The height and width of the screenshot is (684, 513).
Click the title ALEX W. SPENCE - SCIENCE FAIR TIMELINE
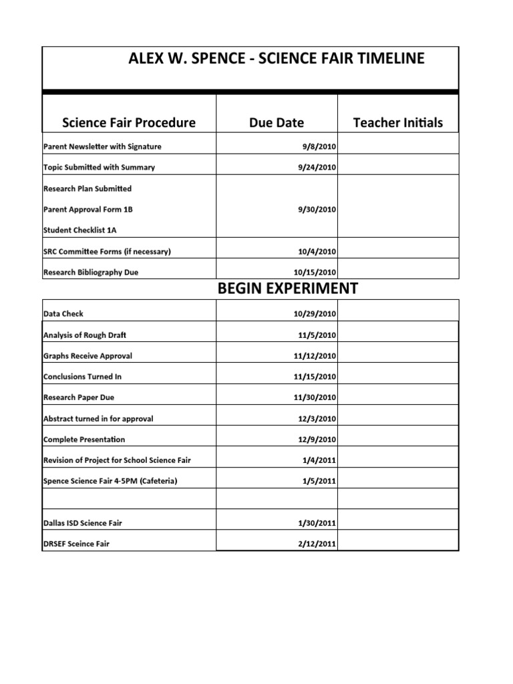point(276,59)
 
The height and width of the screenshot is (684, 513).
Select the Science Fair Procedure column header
point(129,122)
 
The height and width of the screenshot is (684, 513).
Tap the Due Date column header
point(276,122)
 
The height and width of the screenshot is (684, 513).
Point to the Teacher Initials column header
point(397,122)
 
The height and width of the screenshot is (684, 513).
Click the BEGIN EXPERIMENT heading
point(287,289)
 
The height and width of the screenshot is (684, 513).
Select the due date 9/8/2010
point(319,147)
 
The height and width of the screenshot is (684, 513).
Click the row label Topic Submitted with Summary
point(99,168)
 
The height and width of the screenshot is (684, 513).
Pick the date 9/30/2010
point(317,210)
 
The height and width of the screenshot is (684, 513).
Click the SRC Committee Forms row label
point(107,252)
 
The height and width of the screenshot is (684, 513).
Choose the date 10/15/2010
point(315,273)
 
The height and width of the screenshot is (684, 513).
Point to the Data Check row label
point(63,313)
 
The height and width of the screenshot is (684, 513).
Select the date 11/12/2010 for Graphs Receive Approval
point(315,356)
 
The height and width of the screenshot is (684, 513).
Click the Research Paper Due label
point(78,397)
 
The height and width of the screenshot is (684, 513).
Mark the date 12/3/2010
point(317,419)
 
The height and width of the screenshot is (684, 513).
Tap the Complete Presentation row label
point(84,440)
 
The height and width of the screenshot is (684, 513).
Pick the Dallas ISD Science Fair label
point(83,523)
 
